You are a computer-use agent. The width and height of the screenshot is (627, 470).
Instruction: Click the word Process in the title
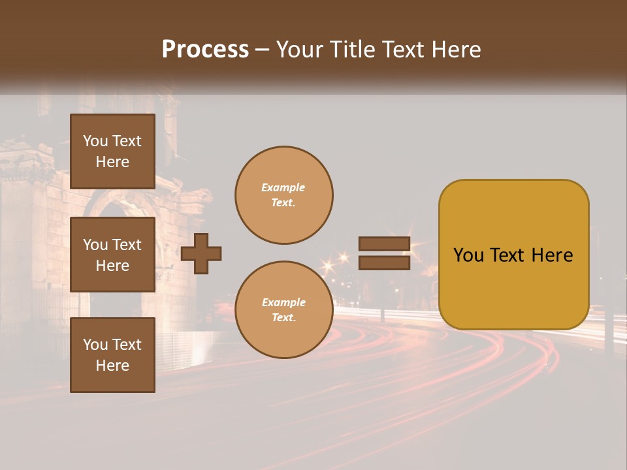point(205,49)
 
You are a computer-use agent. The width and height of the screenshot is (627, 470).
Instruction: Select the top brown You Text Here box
point(112,151)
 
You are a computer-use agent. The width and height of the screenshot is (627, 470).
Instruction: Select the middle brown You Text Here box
point(112,255)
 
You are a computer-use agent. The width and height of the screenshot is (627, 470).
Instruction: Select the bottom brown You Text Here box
point(112,355)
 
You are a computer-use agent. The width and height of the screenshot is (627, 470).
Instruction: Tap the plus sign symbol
point(201,253)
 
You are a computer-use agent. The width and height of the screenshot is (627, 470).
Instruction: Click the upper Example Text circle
point(283,195)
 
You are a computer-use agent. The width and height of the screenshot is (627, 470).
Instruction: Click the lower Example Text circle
point(283,309)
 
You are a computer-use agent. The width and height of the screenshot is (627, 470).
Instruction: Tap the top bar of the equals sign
point(384,244)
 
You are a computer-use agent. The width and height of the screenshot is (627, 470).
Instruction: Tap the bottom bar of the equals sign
point(384,262)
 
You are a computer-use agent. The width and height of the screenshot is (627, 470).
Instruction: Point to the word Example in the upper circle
point(283,188)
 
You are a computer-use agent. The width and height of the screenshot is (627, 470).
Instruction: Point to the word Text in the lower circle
point(283,317)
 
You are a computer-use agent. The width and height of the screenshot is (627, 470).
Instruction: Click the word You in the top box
point(95,141)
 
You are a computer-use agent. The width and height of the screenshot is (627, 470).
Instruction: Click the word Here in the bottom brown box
point(112,366)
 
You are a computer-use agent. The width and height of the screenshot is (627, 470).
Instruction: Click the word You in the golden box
point(468,255)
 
